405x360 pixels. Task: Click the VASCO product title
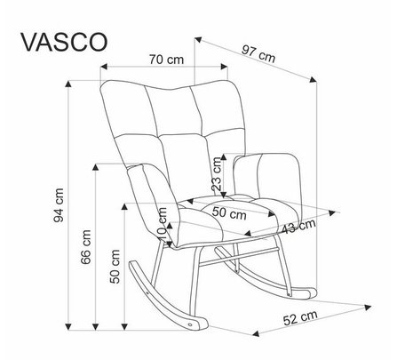click(64, 42)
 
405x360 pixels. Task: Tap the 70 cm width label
click(166, 60)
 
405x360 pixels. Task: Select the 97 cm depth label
click(258, 53)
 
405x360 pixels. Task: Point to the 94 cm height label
click(59, 205)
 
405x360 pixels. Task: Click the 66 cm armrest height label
click(86, 247)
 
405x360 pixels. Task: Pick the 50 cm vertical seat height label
click(115, 267)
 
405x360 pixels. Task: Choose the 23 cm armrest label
click(217, 174)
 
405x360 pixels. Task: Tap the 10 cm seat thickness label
click(163, 224)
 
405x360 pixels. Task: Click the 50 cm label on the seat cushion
click(229, 213)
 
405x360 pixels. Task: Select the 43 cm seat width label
click(298, 227)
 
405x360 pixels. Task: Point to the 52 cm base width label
click(300, 318)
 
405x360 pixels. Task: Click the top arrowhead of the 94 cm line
click(68, 84)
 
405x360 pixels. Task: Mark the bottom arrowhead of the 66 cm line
click(95, 326)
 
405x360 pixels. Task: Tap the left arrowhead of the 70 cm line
click(104, 67)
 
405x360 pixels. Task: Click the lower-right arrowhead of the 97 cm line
click(314, 79)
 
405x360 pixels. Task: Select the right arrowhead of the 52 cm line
click(368, 308)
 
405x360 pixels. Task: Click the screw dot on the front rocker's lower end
click(189, 324)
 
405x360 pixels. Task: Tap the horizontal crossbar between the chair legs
click(239, 256)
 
